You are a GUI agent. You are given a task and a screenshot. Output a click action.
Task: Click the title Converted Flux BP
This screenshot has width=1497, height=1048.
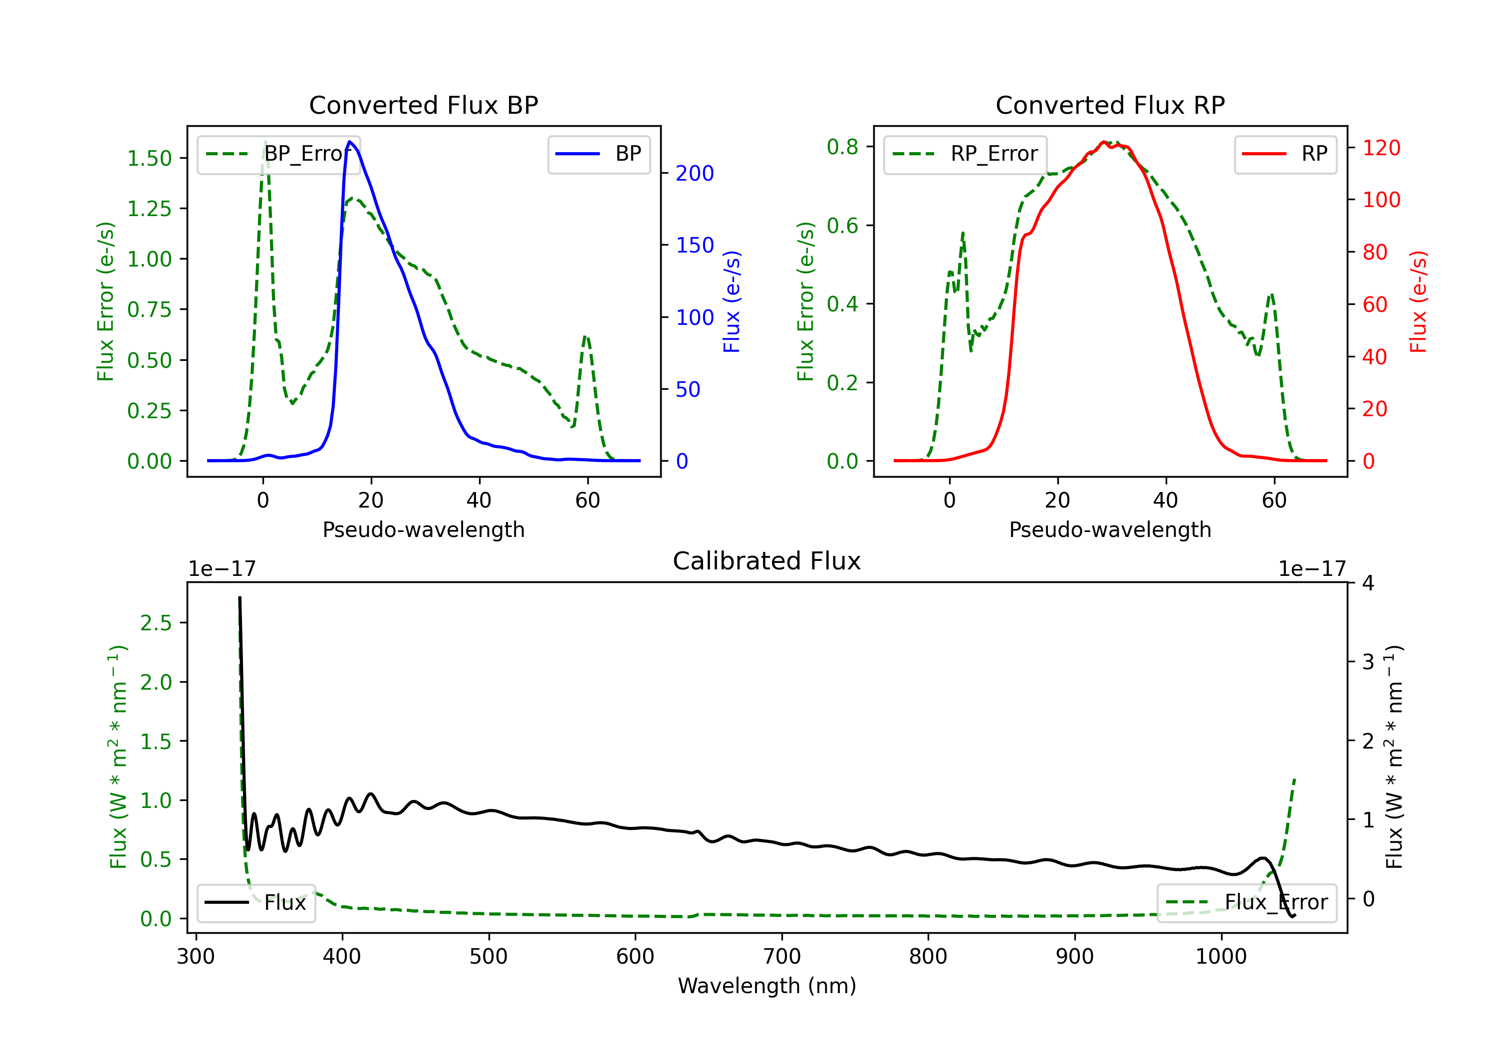point(423,105)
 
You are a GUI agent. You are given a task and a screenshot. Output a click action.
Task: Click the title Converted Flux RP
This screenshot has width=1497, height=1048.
point(1110,105)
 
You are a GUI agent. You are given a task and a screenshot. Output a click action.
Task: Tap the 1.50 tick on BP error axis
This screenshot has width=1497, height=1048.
point(149,159)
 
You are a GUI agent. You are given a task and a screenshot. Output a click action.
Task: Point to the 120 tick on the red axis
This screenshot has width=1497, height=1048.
point(1381,148)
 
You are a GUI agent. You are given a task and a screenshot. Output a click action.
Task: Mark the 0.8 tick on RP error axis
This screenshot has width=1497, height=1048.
point(842,147)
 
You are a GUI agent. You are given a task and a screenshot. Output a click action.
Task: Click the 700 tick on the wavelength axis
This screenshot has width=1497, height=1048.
point(782,957)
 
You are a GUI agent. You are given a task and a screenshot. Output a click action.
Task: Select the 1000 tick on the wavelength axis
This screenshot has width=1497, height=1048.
point(1221,957)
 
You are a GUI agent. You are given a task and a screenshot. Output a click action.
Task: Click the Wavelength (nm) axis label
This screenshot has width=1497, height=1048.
point(767,986)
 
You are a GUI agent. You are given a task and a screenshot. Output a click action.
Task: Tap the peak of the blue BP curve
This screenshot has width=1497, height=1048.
point(350,142)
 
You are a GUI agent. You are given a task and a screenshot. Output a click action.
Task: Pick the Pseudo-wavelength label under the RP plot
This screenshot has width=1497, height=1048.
point(1110,529)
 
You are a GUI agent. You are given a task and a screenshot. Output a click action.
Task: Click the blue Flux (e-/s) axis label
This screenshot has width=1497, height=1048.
point(732,301)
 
